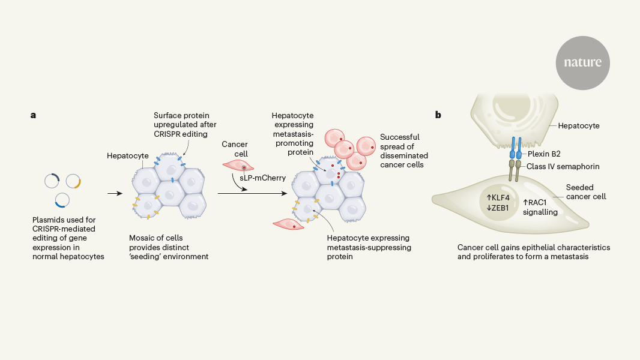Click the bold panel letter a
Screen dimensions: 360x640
tap(34, 114)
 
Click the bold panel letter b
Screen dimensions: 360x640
tap(438, 114)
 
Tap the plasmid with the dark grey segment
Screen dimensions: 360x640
tap(52, 181)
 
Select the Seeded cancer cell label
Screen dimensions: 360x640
tap(585, 191)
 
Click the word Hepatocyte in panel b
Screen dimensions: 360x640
tap(579, 126)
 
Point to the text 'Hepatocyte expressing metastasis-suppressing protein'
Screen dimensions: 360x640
tap(369, 246)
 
